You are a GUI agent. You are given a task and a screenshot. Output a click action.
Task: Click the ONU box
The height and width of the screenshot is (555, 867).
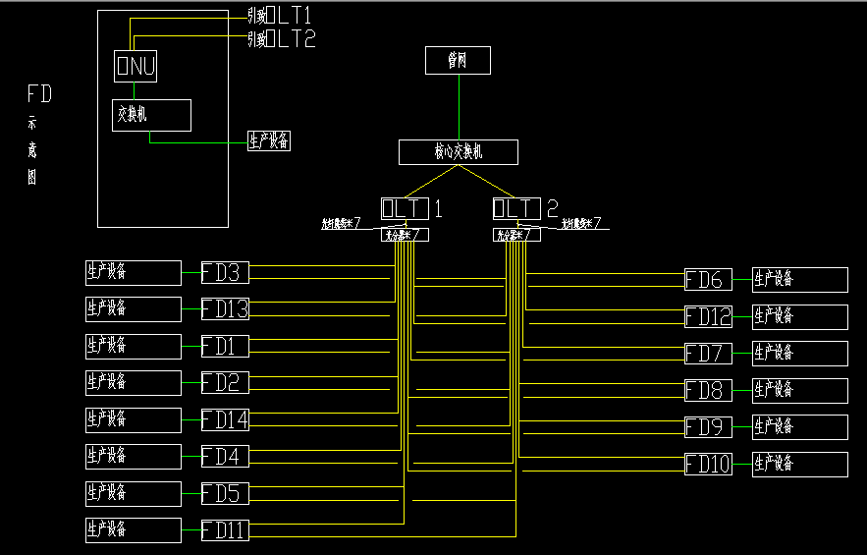click(135, 66)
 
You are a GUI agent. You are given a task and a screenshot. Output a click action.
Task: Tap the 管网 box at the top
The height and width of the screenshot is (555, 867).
click(458, 60)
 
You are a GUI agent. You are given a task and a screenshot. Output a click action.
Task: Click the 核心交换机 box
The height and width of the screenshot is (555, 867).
click(458, 151)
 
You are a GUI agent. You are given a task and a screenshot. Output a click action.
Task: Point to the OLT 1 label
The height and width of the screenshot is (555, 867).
click(411, 208)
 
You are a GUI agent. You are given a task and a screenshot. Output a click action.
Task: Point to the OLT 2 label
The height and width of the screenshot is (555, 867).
click(525, 208)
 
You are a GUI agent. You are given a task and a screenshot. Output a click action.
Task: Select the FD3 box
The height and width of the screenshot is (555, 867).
click(225, 272)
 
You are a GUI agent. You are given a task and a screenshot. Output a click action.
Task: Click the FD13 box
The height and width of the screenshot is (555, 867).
click(225, 309)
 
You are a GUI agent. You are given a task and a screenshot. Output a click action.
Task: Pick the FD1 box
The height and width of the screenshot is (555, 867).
click(225, 346)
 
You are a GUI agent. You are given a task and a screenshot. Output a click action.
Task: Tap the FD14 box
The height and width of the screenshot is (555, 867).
click(225, 419)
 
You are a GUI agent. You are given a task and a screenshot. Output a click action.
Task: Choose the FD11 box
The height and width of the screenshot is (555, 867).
click(225, 530)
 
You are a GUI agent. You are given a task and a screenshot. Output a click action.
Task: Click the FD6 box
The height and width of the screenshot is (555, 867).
click(708, 279)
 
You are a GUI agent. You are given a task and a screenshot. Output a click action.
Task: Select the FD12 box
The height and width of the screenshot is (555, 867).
click(708, 316)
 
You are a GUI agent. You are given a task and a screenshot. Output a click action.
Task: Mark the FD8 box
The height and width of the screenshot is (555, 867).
click(708, 390)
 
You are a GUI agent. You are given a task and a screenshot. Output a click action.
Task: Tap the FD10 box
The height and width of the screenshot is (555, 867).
click(708, 464)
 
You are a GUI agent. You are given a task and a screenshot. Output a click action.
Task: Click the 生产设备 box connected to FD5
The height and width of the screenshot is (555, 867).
click(133, 493)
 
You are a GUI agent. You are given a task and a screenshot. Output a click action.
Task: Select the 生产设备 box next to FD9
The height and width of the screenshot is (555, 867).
click(799, 426)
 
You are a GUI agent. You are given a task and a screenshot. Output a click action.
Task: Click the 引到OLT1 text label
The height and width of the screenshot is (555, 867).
click(281, 17)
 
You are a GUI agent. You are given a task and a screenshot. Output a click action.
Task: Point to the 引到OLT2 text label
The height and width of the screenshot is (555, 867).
click(281, 39)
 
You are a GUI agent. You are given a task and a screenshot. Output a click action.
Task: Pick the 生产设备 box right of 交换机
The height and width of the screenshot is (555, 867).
click(268, 140)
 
